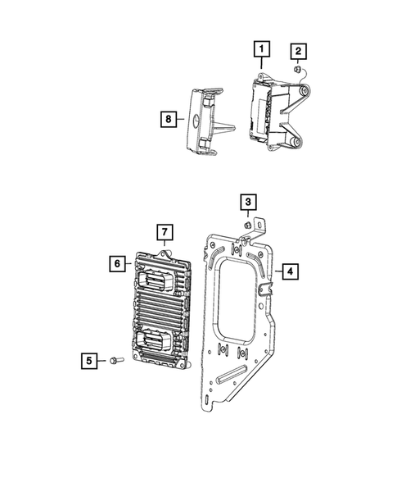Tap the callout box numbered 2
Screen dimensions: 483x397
(x=300, y=52)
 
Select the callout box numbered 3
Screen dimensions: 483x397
(x=246, y=200)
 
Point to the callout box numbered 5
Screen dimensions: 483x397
(x=90, y=359)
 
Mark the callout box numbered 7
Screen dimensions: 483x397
(x=164, y=232)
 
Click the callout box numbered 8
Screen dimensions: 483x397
(x=168, y=119)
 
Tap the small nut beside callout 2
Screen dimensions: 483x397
(x=300, y=70)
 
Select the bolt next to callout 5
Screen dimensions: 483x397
(x=114, y=359)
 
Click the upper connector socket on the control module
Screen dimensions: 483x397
(x=156, y=280)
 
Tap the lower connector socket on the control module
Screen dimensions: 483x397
(x=157, y=338)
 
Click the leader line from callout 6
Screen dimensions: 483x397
(x=131, y=263)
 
